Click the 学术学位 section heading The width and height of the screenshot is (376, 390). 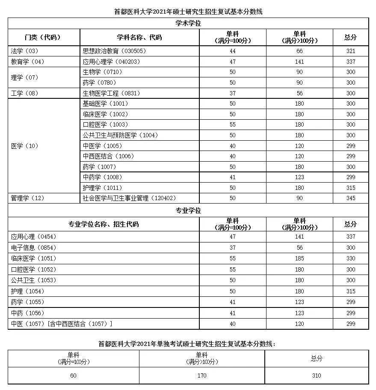point(188,24)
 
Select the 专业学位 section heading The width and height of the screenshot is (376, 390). point(188,210)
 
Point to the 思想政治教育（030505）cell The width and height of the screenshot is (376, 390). point(114,51)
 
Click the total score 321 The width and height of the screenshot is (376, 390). point(351,51)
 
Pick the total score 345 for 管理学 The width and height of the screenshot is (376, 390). point(351,198)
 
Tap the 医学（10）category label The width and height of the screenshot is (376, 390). point(24,146)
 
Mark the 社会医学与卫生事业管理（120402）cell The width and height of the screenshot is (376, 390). point(129,198)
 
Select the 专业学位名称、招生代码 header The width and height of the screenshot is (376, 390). point(104,224)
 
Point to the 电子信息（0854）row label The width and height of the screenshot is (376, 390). point(34,248)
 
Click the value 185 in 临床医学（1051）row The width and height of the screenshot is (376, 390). point(299,258)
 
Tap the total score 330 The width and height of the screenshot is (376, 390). point(351,258)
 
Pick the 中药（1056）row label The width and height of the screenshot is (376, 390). point(28,313)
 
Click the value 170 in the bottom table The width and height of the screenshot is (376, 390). point(202,375)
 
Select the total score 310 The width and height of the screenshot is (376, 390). point(317,375)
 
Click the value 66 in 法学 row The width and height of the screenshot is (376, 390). point(299,51)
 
